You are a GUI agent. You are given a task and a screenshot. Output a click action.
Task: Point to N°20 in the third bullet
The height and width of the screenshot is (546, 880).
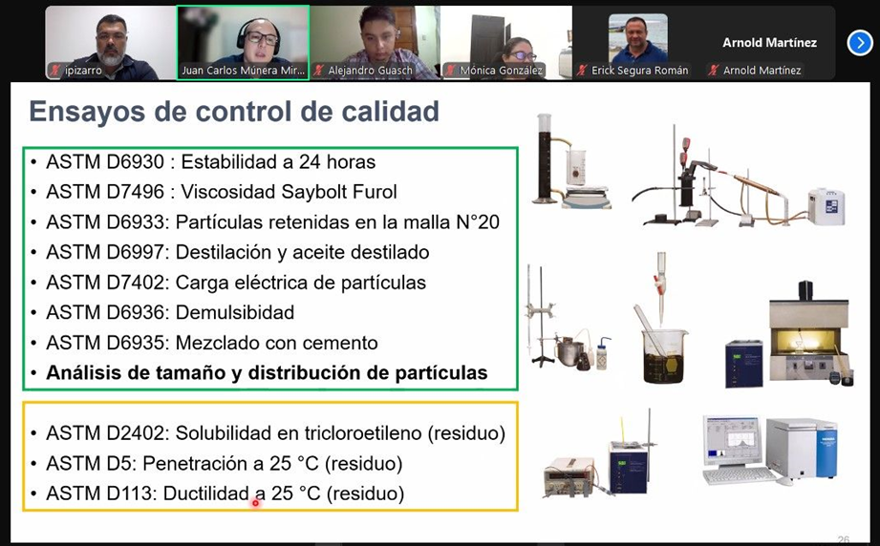tap(478, 222)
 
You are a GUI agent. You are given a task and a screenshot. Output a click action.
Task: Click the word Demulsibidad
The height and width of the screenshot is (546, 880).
tap(235, 313)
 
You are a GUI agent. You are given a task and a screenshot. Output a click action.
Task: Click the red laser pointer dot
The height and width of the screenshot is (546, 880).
tap(256, 503)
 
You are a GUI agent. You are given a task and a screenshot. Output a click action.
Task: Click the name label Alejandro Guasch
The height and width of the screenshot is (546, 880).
tap(370, 71)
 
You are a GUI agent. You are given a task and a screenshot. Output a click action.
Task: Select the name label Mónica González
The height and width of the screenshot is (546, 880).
tap(502, 71)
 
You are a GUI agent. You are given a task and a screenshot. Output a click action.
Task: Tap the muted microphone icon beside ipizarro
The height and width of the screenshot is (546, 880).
tap(55, 71)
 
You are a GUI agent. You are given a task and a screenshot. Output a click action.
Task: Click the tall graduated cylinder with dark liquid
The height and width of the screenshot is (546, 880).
tap(545, 158)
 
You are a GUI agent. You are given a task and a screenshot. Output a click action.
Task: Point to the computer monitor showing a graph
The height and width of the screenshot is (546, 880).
tap(732, 441)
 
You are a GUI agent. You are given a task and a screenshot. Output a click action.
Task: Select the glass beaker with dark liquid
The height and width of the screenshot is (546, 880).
tap(664, 356)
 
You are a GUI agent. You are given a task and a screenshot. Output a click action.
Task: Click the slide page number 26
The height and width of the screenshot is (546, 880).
tap(843, 539)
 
